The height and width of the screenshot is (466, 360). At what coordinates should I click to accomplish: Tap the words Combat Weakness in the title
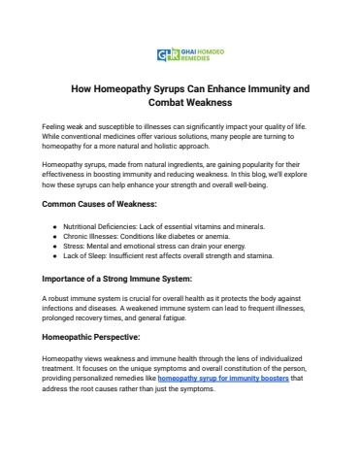click(x=180, y=102)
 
